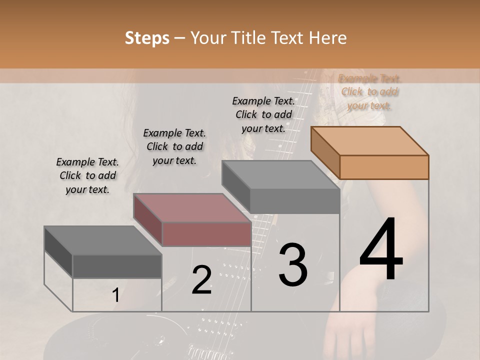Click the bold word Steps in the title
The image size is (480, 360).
coord(147,38)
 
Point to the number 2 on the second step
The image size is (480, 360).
coord(201,280)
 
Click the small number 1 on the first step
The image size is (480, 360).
coord(115,295)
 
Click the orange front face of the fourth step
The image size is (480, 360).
coord(384,167)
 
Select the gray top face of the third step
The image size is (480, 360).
coord(280,175)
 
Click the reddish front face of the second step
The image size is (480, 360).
coord(206,234)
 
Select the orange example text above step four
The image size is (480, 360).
coord(369,92)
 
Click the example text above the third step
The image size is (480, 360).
coord(263,114)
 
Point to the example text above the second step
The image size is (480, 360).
coord(174,146)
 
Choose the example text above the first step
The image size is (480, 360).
coord(87,175)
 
